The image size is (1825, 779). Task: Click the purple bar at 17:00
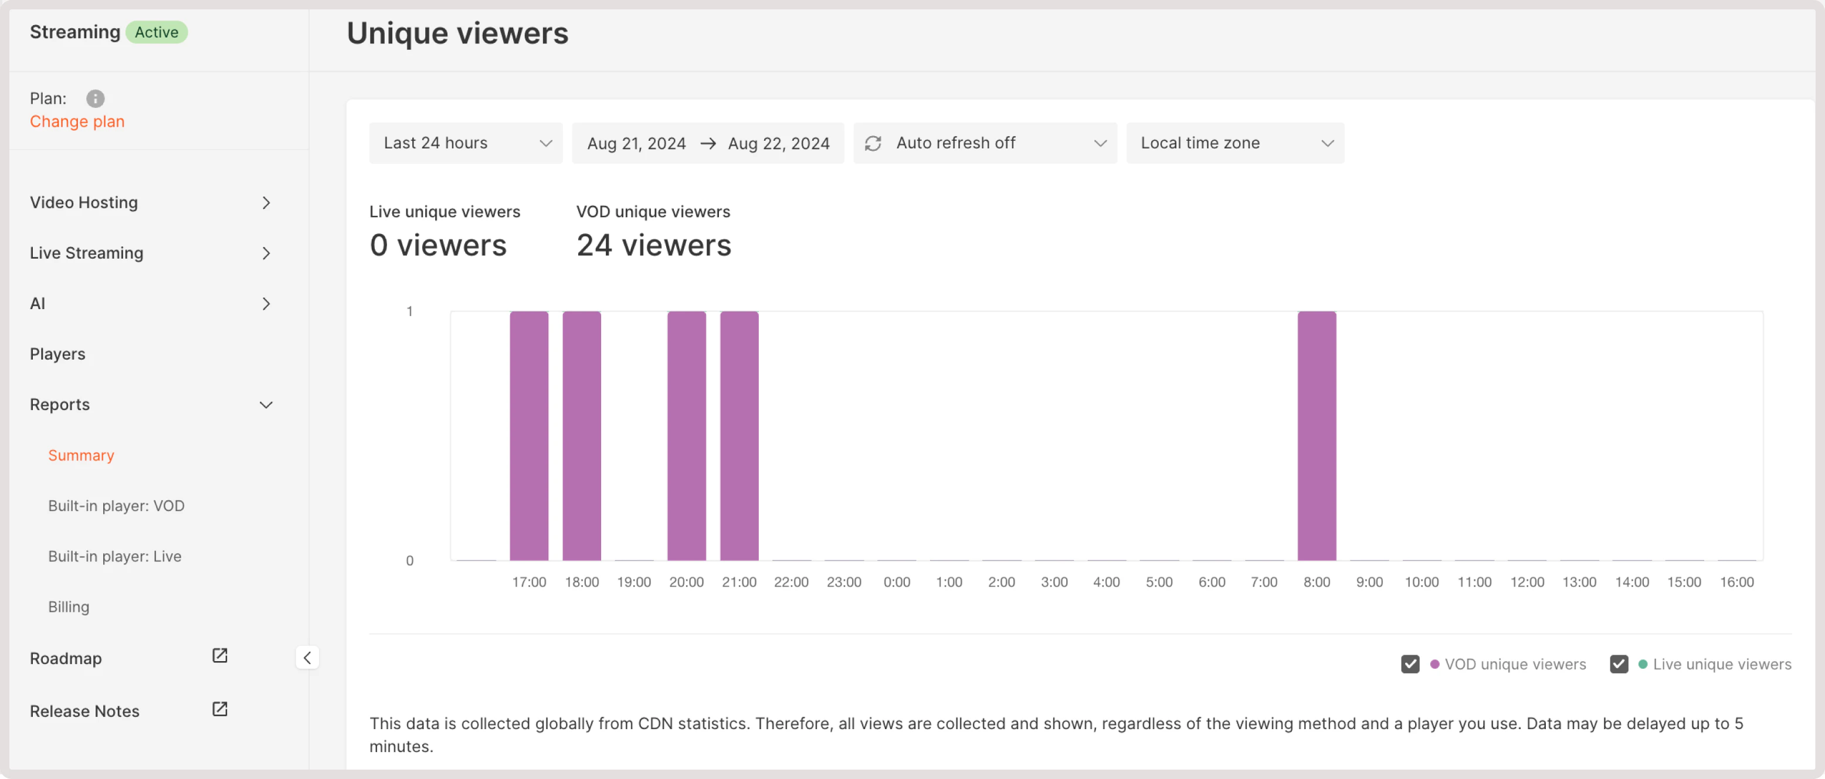pos(528,436)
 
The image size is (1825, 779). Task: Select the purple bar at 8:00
pos(1317,436)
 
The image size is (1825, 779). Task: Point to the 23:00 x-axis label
pos(844,582)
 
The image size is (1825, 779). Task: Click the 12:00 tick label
pos(1527,582)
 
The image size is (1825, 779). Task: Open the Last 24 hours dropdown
pos(466,143)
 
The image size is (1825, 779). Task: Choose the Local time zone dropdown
pos(1235,143)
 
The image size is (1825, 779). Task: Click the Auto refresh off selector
pos(985,143)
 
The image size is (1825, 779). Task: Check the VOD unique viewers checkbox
pos(1410,664)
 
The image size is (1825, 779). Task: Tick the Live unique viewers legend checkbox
pos(1618,664)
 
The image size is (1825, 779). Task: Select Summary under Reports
pos(81,455)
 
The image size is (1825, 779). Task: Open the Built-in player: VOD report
pos(116,506)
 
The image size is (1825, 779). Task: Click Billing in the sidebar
pos(69,607)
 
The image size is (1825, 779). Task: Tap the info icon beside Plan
pos(95,99)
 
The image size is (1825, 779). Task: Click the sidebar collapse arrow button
pos(307,658)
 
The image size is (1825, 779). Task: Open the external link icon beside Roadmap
pos(220,656)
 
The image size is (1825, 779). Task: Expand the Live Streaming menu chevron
pos(266,253)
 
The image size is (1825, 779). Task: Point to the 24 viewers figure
pos(653,245)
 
